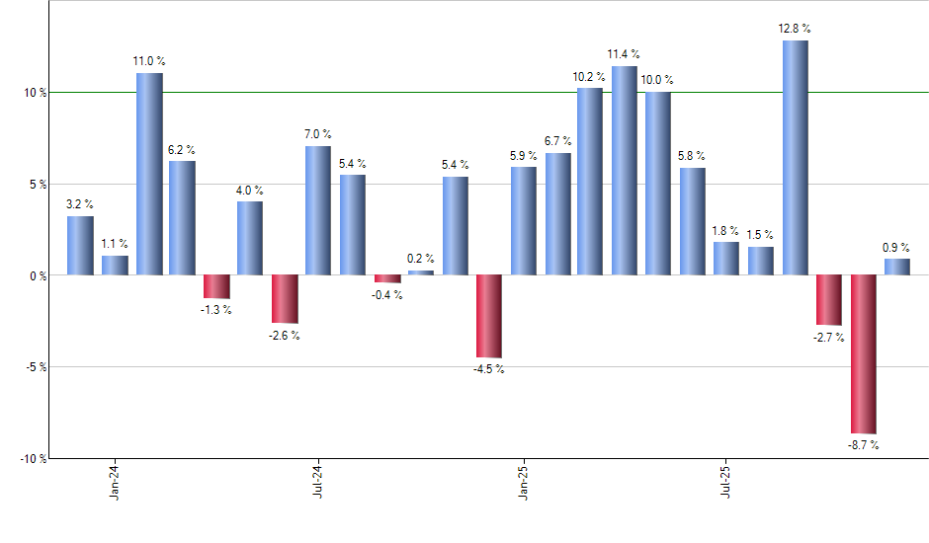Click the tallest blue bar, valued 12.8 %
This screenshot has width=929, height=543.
tap(796, 158)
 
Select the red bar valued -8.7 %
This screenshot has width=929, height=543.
tap(864, 353)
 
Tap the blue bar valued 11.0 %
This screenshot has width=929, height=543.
tap(149, 174)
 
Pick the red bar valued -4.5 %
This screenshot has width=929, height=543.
tap(489, 316)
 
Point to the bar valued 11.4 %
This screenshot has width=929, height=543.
tap(624, 171)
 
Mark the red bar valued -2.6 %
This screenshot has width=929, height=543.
tap(285, 299)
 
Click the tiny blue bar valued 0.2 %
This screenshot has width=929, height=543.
tap(421, 272)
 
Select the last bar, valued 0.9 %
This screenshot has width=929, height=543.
tap(897, 267)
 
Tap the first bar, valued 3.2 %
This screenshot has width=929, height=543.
tap(81, 245)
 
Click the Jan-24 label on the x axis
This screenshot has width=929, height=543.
tap(114, 481)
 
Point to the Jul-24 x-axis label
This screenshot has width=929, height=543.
tap(317, 481)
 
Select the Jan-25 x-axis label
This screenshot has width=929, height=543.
tap(522, 481)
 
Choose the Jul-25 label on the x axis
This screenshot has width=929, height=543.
tap(726, 481)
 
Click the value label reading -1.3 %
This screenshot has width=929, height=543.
tap(215, 310)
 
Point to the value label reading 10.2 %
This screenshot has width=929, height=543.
tap(590, 76)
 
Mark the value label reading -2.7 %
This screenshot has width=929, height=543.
tap(828, 337)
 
